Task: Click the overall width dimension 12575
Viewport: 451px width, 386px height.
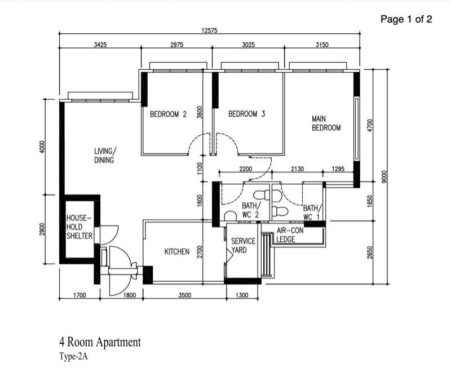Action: tap(209, 30)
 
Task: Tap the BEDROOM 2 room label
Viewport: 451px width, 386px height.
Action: tap(168, 114)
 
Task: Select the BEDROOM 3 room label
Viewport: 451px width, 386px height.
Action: tap(246, 114)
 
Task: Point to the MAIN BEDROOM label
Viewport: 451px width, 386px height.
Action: tap(326, 123)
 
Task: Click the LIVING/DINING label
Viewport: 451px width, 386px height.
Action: tap(105, 156)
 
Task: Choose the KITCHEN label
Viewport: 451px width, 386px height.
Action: tap(177, 252)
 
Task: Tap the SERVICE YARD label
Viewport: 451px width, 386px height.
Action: tap(243, 246)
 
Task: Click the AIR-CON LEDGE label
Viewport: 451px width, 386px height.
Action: tap(290, 235)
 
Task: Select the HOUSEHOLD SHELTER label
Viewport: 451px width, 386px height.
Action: tap(79, 227)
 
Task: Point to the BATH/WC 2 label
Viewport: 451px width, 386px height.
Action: tap(251, 210)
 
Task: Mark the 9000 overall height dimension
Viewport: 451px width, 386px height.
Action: tap(384, 177)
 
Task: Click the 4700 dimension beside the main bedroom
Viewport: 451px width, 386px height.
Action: tap(370, 125)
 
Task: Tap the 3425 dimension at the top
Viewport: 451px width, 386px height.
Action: tap(100, 45)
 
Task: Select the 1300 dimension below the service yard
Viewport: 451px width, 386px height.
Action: tap(242, 295)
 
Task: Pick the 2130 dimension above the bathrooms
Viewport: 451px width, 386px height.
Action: tap(297, 168)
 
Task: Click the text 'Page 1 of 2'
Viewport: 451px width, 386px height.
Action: tap(406, 19)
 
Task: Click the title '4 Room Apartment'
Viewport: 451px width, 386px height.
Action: tap(100, 342)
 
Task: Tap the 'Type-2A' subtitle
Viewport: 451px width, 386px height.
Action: tap(73, 356)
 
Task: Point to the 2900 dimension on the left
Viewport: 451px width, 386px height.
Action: tap(42, 229)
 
